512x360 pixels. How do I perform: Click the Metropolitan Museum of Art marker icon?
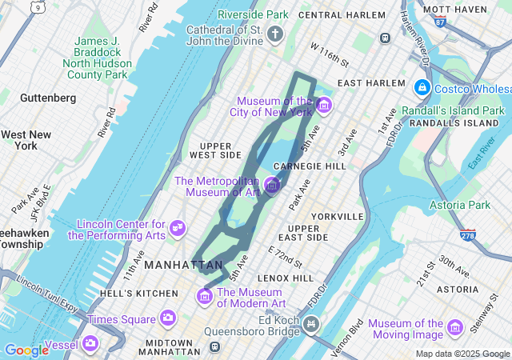coord(272,186)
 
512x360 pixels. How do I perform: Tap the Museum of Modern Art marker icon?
coord(204,297)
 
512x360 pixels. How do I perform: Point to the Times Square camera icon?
coord(168,318)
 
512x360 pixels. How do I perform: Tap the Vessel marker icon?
coord(90,344)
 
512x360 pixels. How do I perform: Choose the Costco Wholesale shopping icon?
coord(422,86)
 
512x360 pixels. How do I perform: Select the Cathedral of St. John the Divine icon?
coord(275,34)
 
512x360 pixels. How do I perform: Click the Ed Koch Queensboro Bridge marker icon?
coord(311,325)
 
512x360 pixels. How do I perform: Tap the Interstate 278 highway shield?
coord(468,235)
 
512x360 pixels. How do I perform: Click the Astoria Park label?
coord(456,206)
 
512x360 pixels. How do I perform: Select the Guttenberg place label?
coord(48,98)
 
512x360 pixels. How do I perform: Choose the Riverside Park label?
coord(253,14)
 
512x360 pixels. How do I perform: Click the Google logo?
coord(26,350)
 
